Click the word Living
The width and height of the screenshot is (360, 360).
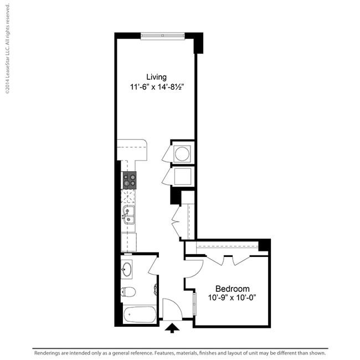(x=156, y=77)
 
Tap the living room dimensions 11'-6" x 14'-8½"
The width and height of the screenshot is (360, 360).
(x=156, y=87)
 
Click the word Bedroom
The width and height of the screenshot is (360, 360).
(x=232, y=289)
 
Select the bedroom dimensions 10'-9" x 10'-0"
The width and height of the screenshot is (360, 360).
(x=232, y=298)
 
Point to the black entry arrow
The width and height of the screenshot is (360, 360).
(x=173, y=328)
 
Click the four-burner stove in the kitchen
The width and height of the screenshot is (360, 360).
(x=130, y=179)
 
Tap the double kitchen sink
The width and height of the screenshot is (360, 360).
(x=128, y=214)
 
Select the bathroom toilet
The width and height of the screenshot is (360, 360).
(x=127, y=291)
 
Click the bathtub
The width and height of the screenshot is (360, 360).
(x=139, y=314)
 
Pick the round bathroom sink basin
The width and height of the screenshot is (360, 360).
(x=127, y=270)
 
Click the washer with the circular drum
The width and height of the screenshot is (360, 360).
(x=182, y=153)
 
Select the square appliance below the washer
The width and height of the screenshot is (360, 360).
(x=182, y=177)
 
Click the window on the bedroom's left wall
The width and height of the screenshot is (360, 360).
(x=194, y=304)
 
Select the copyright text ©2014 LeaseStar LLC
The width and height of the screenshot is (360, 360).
(x=7, y=47)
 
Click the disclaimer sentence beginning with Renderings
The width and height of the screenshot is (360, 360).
(x=180, y=353)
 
